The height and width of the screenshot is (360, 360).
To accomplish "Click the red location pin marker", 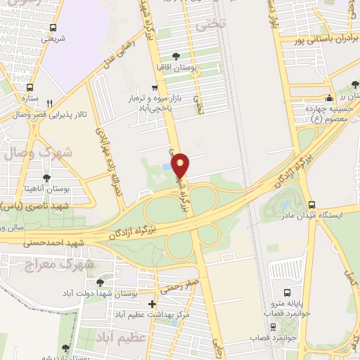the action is click(181, 165).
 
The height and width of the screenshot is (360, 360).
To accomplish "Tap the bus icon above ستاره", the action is click(30, 87).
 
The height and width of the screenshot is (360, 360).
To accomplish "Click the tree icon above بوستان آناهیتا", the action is click(47, 178).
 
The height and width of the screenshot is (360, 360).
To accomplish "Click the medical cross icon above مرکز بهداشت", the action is click(153, 304).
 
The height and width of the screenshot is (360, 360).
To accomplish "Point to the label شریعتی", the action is click(53, 39).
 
